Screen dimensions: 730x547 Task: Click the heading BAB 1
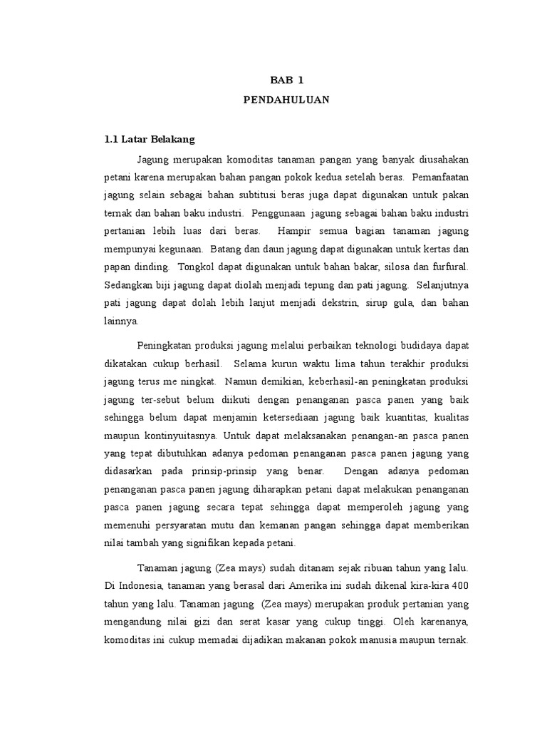287,81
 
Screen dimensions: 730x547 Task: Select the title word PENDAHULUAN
287,101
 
